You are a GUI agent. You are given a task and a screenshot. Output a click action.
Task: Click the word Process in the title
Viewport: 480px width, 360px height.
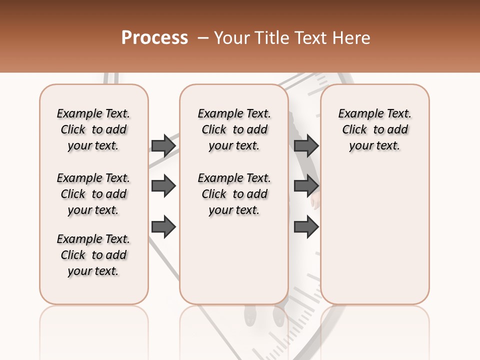tap(154, 38)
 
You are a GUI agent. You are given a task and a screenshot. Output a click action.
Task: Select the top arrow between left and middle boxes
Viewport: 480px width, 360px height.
tap(163, 145)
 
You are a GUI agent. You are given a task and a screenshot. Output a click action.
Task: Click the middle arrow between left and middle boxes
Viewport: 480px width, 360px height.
tap(163, 186)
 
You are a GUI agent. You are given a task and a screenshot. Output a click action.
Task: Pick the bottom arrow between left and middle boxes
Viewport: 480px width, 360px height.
tap(163, 227)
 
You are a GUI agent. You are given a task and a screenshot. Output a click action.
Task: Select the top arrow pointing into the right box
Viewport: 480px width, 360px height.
tap(306, 145)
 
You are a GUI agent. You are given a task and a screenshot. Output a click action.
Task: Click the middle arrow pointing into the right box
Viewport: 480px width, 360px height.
tap(306, 186)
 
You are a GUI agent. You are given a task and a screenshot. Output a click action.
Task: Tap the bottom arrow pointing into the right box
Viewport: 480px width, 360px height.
tap(306, 227)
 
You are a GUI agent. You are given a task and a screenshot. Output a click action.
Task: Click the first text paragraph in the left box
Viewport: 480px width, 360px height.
tap(93, 129)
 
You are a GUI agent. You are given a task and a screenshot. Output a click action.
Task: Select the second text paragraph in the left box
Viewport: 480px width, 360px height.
tap(93, 194)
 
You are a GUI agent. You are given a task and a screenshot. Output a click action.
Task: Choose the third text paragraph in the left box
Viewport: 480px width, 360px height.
tap(93, 255)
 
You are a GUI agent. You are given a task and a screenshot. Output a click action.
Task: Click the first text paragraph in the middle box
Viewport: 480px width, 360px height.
tap(234, 129)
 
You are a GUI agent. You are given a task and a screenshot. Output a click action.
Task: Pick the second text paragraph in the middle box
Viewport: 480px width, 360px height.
tap(234, 194)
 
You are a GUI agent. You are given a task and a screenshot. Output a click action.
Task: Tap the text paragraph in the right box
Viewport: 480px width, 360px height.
tap(374, 129)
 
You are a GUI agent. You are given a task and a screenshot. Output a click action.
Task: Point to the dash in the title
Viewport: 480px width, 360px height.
tap(202, 38)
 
